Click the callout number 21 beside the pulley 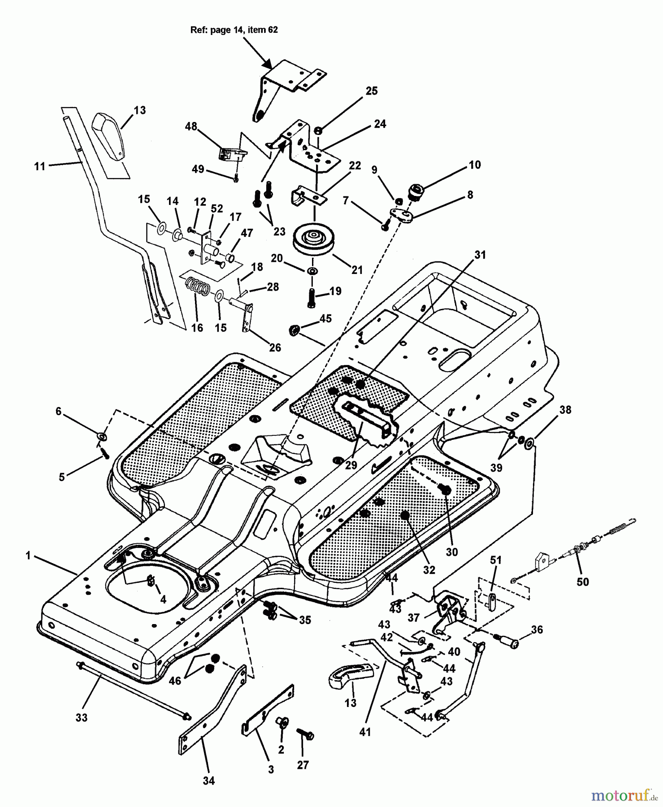click(357, 270)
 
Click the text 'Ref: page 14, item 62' click(234, 30)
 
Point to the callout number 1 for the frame click(28, 556)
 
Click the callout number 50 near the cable click(583, 581)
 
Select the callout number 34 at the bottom click(209, 781)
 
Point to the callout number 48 click(191, 126)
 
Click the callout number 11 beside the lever click(40, 166)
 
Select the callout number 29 click(351, 465)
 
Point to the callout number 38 click(565, 410)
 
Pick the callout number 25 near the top click(372, 91)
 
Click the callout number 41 click(365, 732)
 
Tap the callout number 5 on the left click(62, 477)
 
